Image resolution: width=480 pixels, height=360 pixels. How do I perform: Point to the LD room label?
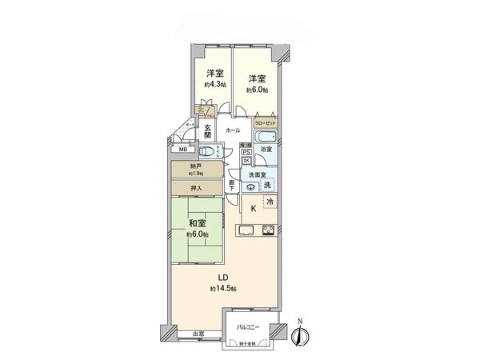pos(215,278)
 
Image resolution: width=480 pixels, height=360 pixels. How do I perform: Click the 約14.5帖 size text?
pos(221,288)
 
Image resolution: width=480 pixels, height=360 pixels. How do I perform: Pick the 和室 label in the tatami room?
pos(198,225)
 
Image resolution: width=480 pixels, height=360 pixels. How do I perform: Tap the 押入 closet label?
pos(196,189)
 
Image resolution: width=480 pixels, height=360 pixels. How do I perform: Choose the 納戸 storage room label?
pos(196,166)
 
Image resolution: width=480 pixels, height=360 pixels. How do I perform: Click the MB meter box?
pos(182,150)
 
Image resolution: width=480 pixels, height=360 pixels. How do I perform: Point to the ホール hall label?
pos(233,130)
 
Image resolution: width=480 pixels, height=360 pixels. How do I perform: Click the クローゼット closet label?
pos(266,124)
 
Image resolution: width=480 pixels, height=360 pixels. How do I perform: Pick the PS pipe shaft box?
pos(246,151)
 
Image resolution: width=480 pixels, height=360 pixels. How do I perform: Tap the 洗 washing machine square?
pos(268,186)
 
